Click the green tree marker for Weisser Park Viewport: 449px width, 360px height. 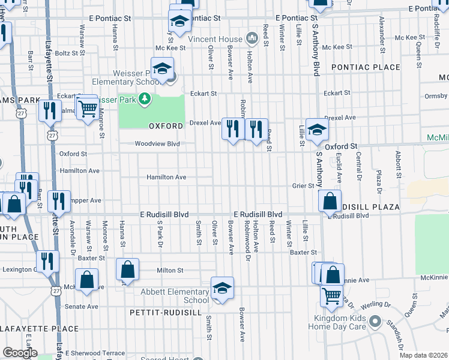coord(144,98)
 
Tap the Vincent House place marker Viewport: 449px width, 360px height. coord(252,38)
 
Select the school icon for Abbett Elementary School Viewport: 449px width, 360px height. coord(221,289)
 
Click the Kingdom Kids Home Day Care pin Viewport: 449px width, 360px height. coord(375,321)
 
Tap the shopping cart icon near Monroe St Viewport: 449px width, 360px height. coord(88,107)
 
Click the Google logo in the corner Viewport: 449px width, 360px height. coord(20,353)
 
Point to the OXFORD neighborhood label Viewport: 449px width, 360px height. coord(166,127)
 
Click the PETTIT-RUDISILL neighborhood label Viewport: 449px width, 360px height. coord(159,313)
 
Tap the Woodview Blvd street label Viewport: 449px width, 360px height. coord(157,144)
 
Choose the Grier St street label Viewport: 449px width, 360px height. coord(303,186)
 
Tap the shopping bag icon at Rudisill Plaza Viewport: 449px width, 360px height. coord(330,202)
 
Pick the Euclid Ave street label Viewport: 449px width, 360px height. coord(338,169)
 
